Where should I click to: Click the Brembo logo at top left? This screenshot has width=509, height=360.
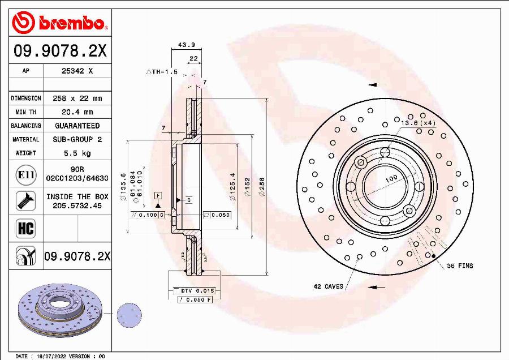pyautogui.click(x=59, y=22)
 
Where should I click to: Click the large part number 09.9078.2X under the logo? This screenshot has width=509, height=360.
pyautogui.click(x=59, y=52)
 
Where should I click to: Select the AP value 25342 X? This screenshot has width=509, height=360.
pyautogui.click(x=77, y=71)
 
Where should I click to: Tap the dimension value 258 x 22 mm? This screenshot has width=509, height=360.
pyautogui.click(x=77, y=98)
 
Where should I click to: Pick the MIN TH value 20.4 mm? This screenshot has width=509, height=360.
pyautogui.click(x=77, y=112)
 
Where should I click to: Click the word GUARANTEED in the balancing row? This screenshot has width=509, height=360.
pyautogui.click(x=77, y=126)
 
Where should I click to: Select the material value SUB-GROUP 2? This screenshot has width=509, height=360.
pyautogui.click(x=77, y=139)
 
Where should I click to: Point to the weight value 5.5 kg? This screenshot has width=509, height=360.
pyautogui.click(x=77, y=153)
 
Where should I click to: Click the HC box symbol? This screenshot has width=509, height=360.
pyautogui.click(x=26, y=228)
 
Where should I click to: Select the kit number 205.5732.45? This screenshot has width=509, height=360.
pyautogui.click(x=77, y=206)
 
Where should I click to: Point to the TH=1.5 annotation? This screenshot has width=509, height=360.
pyautogui.click(x=162, y=72)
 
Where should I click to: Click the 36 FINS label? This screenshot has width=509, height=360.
pyautogui.click(x=460, y=265)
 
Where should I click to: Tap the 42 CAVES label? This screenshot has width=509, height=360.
pyautogui.click(x=328, y=286)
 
